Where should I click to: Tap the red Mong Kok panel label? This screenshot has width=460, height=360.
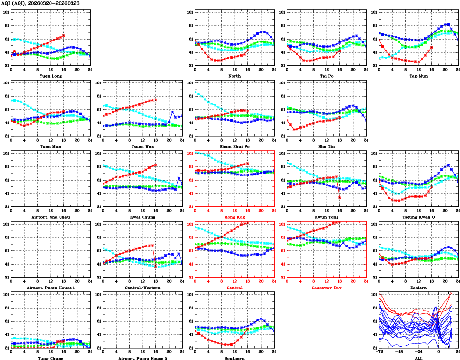pos(234,217)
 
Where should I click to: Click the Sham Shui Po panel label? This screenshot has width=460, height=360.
pos(234,147)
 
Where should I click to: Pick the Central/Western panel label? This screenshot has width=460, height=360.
pos(142,288)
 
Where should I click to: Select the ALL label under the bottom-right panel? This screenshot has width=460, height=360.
pos(419,358)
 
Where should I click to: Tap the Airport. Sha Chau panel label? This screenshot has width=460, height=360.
pos(50,217)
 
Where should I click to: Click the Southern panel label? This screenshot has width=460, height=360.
pos(234,358)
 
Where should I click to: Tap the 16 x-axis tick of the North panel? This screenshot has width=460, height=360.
pos(248,70)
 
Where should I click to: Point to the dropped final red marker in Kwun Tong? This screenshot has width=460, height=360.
pos(340,197)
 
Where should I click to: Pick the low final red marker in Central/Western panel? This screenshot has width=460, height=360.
pos(156,267)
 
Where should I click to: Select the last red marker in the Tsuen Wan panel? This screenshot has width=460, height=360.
pos(156,100)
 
